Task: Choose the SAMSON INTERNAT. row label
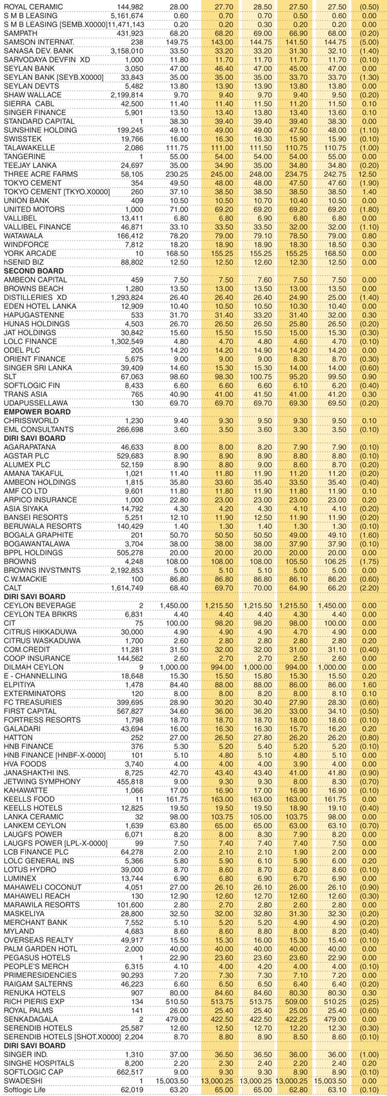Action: click(x=38, y=41)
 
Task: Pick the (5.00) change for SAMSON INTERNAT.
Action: click(x=370, y=41)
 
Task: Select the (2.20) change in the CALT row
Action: click(x=370, y=588)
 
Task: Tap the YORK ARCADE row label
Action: click(x=30, y=254)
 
